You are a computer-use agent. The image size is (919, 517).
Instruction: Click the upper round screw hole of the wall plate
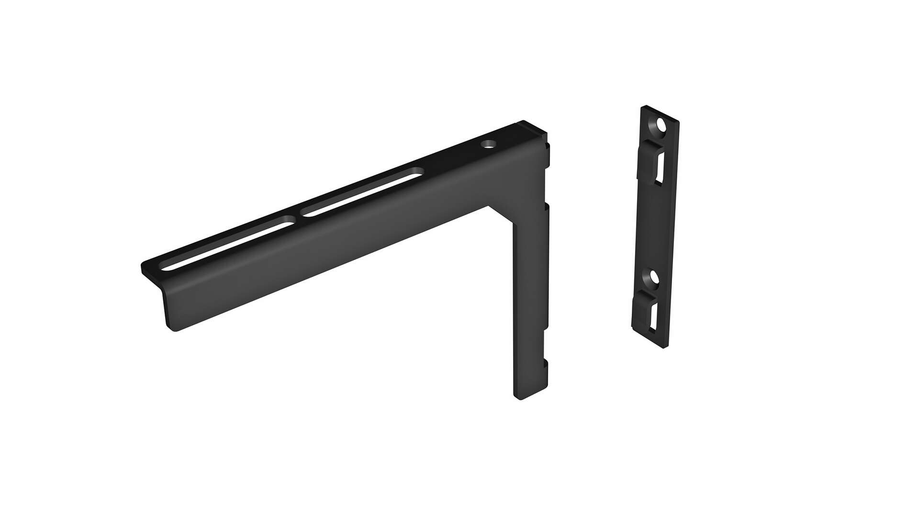661,125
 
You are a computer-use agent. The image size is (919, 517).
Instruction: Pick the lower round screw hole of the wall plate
654,276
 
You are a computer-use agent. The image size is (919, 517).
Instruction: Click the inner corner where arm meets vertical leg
489,206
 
